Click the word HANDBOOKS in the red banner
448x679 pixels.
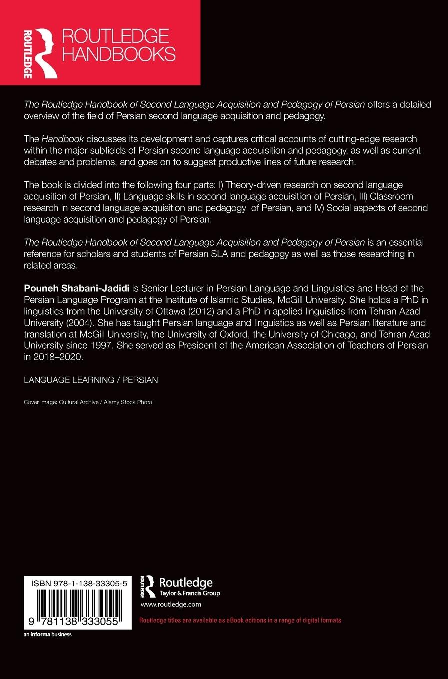118,54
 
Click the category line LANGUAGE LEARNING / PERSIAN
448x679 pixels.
91,380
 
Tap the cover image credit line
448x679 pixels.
88,402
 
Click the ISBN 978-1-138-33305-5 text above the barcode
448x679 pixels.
77,583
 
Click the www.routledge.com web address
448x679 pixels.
171,604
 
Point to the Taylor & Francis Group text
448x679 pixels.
189,593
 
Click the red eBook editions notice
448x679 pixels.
240,620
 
